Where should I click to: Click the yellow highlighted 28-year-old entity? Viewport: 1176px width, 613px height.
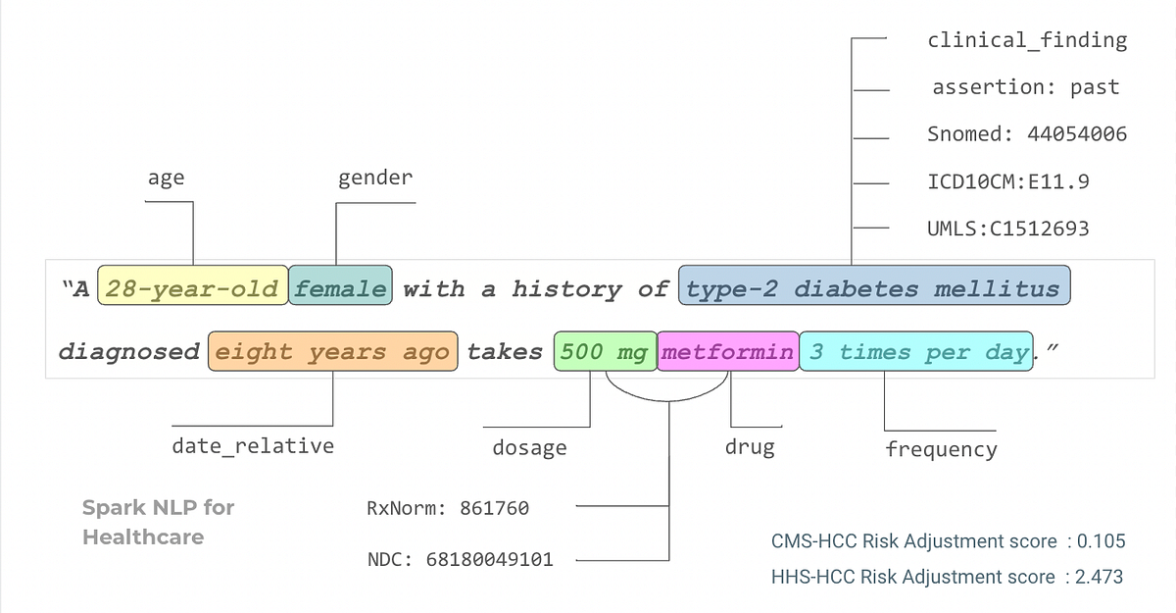point(193,285)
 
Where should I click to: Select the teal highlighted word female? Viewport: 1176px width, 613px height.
point(340,285)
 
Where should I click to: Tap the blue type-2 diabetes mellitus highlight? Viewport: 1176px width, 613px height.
point(874,285)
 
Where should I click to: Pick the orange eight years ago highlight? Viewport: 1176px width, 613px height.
point(333,351)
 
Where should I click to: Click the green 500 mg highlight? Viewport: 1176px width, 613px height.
point(606,351)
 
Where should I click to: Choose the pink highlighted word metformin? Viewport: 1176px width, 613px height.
point(728,351)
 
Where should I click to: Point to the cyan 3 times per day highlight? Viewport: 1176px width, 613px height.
point(916,351)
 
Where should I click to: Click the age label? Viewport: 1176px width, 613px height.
point(166,179)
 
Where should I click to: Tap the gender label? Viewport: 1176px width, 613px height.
point(375,179)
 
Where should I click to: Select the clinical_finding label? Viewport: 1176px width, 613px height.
point(1027,40)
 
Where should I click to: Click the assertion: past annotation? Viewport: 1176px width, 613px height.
point(1026,87)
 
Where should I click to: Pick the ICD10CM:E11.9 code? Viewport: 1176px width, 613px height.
point(1008,181)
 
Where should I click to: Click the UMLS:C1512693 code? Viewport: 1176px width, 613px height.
point(1008,229)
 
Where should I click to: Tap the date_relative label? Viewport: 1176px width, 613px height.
point(253,446)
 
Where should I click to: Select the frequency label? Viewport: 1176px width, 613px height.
point(942,449)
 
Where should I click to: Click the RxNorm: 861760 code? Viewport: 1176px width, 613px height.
point(448,508)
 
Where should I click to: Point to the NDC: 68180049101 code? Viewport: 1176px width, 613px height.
point(461,559)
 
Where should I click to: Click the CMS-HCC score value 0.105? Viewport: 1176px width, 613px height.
point(1101,541)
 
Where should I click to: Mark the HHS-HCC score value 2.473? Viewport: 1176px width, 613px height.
point(1099,577)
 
